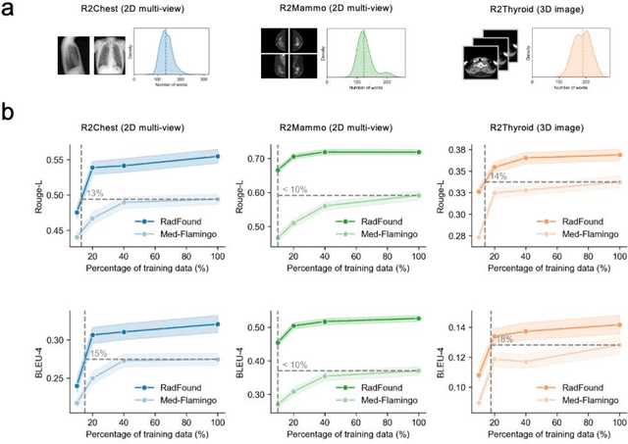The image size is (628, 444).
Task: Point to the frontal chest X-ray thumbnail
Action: point(74,60)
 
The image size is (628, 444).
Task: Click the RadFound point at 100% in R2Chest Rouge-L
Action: point(217,156)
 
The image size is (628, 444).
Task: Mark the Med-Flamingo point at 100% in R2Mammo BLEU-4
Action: point(419,370)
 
